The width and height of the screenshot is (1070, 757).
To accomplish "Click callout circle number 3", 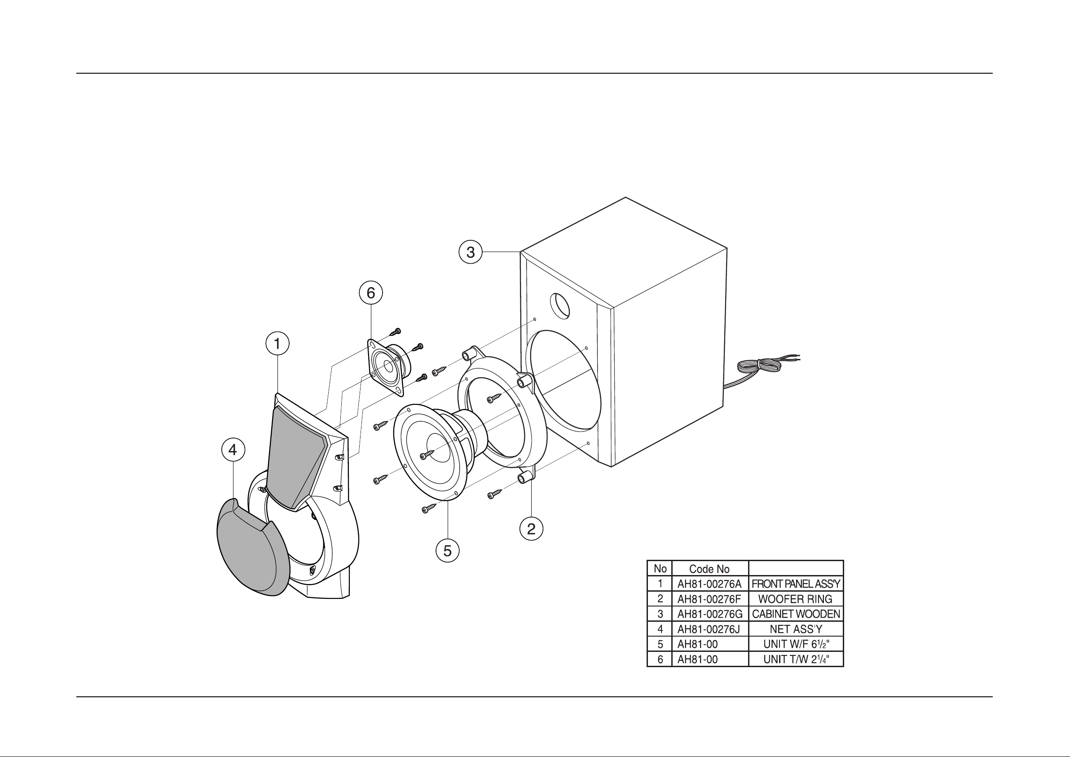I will [471, 252].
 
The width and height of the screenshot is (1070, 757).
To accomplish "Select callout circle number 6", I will [370, 293].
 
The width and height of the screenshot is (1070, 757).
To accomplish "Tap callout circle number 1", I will [277, 344].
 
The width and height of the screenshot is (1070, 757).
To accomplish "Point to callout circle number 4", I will [233, 450].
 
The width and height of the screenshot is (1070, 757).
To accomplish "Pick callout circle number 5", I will [447, 551].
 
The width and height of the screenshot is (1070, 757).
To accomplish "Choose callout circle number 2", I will [531, 529].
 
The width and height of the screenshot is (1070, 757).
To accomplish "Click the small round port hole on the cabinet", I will [560, 306].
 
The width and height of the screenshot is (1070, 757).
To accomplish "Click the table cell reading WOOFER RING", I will [796, 599].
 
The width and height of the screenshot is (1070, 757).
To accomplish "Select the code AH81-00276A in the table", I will [709, 584].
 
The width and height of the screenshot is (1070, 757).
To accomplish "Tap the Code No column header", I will [709, 569].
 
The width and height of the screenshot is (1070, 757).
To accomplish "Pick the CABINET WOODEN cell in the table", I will [796, 614].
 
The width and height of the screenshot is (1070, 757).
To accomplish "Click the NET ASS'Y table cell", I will [796, 629].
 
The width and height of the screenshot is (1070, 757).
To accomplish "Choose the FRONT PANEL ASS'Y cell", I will [796, 584].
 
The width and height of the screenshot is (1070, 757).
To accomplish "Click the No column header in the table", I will [660, 569].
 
